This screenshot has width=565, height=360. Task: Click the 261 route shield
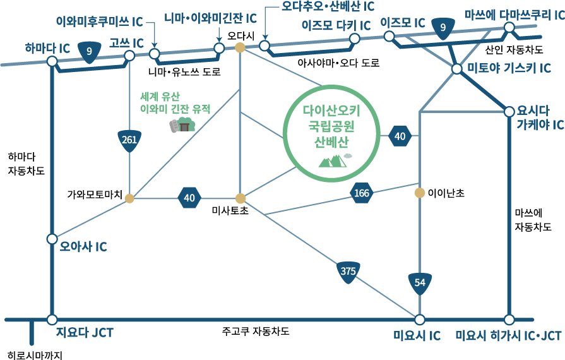tap(129, 140)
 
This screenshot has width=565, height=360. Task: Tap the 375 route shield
tap(348, 272)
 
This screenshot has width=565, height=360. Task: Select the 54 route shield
tap(420, 283)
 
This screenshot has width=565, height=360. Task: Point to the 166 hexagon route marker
tap(362, 193)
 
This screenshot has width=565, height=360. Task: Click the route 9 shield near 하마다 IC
tap(89, 51)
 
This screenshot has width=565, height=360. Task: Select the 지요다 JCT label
tap(85, 333)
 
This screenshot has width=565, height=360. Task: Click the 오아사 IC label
tap(83, 246)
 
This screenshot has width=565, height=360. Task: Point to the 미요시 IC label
tap(417, 335)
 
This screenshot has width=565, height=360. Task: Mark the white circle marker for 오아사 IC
tap(52, 239)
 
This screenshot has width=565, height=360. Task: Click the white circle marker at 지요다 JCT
tap(52, 320)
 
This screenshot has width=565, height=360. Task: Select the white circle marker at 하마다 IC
tap(52, 61)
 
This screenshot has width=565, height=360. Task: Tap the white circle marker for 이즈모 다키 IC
tap(355, 39)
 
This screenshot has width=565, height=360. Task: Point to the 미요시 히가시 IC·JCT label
tap(508, 335)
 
